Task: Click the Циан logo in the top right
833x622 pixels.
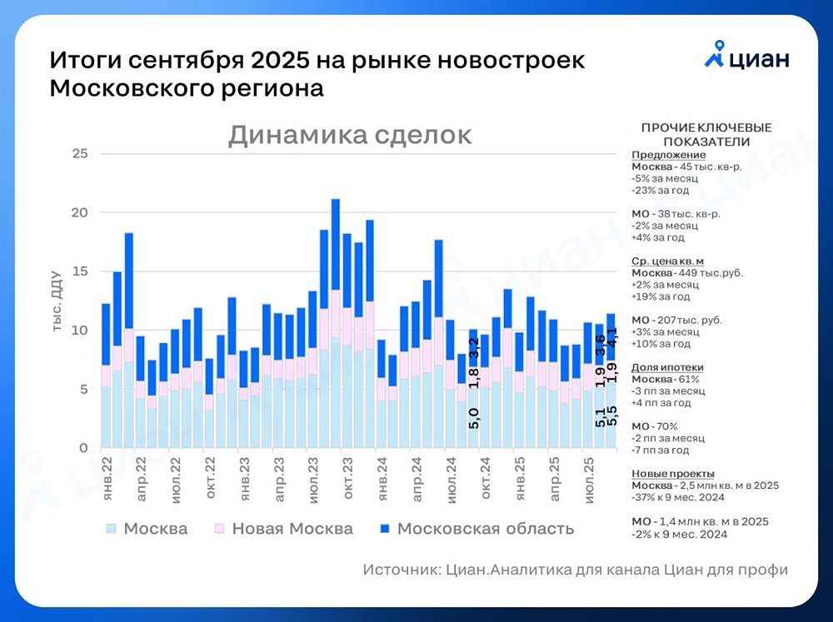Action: [746, 57]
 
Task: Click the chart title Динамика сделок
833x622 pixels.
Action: [350, 135]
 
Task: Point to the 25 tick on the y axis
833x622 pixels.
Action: [80, 154]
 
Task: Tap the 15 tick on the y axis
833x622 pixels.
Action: [80, 271]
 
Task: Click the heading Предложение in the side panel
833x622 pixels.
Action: [668, 155]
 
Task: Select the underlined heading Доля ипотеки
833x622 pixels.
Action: [667, 367]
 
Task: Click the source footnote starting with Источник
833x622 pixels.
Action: [575, 570]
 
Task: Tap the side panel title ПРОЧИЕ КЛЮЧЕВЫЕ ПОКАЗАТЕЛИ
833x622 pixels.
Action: [706, 134]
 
